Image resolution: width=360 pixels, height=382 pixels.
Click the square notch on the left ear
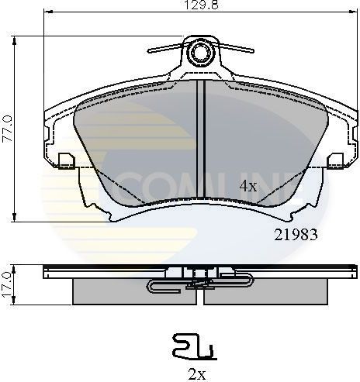click(x=65, y=160)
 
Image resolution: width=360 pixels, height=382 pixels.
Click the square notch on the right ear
click(x=337, y=160)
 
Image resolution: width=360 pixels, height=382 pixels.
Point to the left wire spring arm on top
click(x=166, y=49)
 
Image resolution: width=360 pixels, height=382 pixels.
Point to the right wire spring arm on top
click(x=234, y=49)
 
